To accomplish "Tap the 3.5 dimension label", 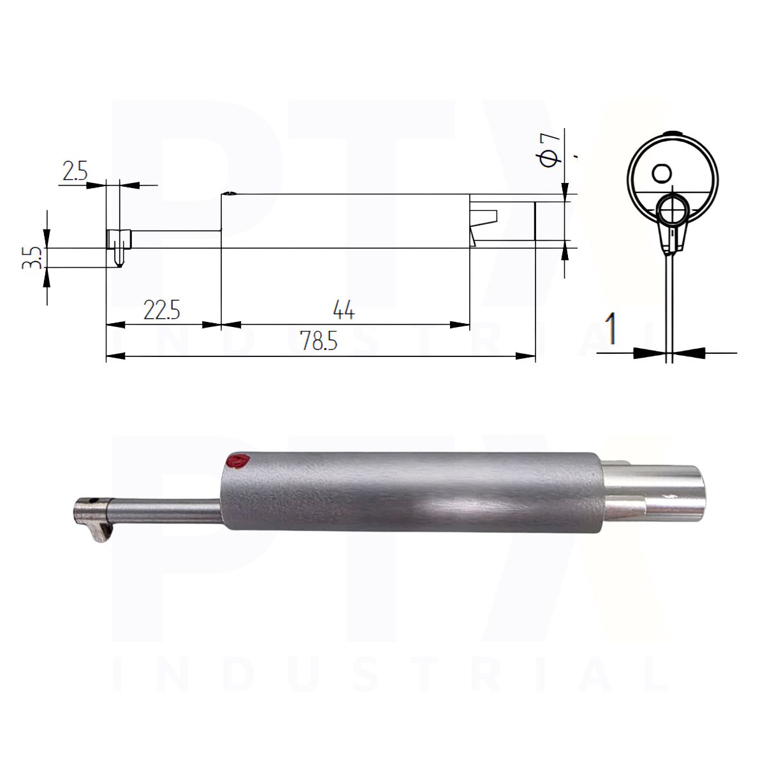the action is pyautogui.click(x=33, y=258).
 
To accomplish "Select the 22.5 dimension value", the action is pyautogui.click(x=161, y=310).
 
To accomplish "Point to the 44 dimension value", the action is pyautogui.click(x=344, y=310).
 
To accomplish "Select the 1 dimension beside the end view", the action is pyautogui.click(x=611, y=328).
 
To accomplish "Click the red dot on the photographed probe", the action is pyautogui.click(x=237, y=462).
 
